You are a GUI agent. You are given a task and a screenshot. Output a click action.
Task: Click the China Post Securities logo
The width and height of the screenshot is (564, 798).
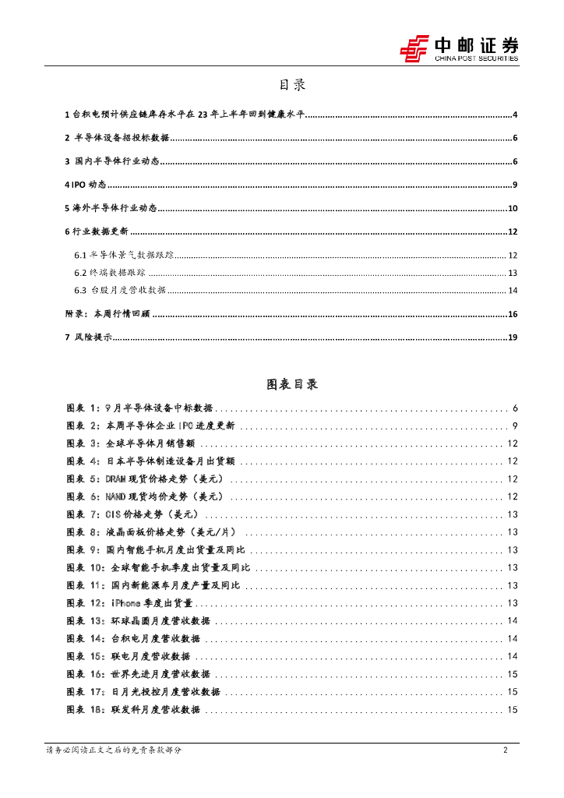click(459, 48)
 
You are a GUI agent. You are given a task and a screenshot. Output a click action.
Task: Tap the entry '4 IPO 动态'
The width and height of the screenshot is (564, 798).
click(86, 185)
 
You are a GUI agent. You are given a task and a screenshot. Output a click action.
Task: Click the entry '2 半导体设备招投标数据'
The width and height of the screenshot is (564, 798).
click(117, 139)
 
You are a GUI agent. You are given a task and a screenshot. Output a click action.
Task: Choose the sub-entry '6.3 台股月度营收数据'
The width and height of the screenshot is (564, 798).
click(120, 291)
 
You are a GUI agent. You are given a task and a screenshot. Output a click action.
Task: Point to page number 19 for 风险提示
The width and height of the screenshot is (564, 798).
click(513, 337)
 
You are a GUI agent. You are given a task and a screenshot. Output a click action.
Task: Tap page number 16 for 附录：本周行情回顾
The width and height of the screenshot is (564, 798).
click(513, 314)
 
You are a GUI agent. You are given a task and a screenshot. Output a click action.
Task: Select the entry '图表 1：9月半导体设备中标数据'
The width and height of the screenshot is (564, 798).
click(139, 408)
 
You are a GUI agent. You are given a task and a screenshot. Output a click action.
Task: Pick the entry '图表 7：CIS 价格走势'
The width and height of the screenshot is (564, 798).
click(132, 514)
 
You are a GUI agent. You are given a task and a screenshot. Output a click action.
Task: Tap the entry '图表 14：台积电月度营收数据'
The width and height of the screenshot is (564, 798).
click(133, 639)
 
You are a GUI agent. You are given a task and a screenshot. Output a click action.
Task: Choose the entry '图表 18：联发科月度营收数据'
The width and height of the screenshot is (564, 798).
click(133, 710)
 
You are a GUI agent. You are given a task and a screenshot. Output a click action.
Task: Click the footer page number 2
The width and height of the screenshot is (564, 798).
click(506, 750)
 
